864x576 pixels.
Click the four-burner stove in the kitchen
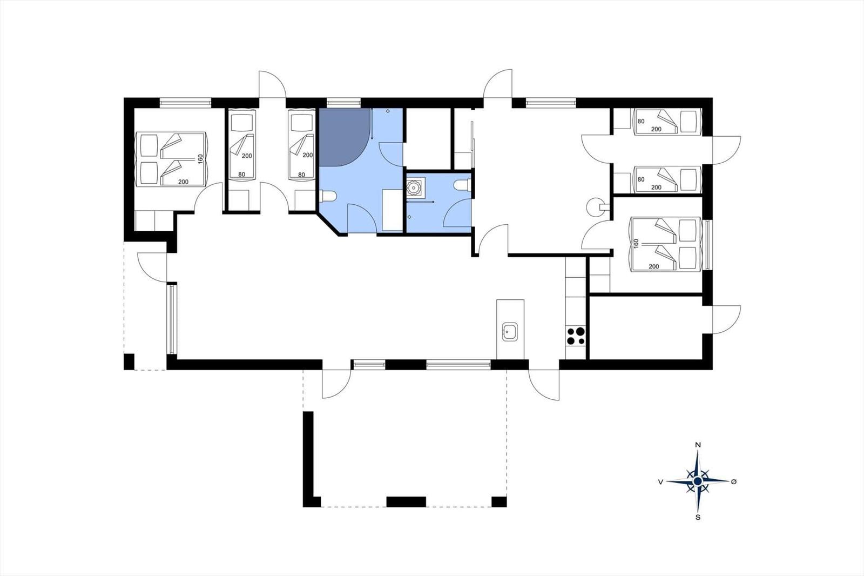pos(575,336)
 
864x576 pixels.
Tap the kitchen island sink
pos(510,332)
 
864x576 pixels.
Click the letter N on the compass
pos(698,445)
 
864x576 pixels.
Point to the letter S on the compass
pos(698,518)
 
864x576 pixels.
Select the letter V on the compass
pos(661,482)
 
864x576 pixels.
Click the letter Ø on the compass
pos(734,481)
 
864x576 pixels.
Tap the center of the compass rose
pos(697,481)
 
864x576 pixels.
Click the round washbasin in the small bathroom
pos(414,187)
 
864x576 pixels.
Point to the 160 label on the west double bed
pos(200,159)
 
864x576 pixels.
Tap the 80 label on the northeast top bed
pos(641,121)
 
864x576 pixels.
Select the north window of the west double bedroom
pos(186,103)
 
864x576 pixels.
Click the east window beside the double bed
pos(707,244)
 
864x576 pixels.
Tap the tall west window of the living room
pos(172,318)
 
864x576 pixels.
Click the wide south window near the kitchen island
pos(458,364)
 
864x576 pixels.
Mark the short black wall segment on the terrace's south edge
pos(406,502)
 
